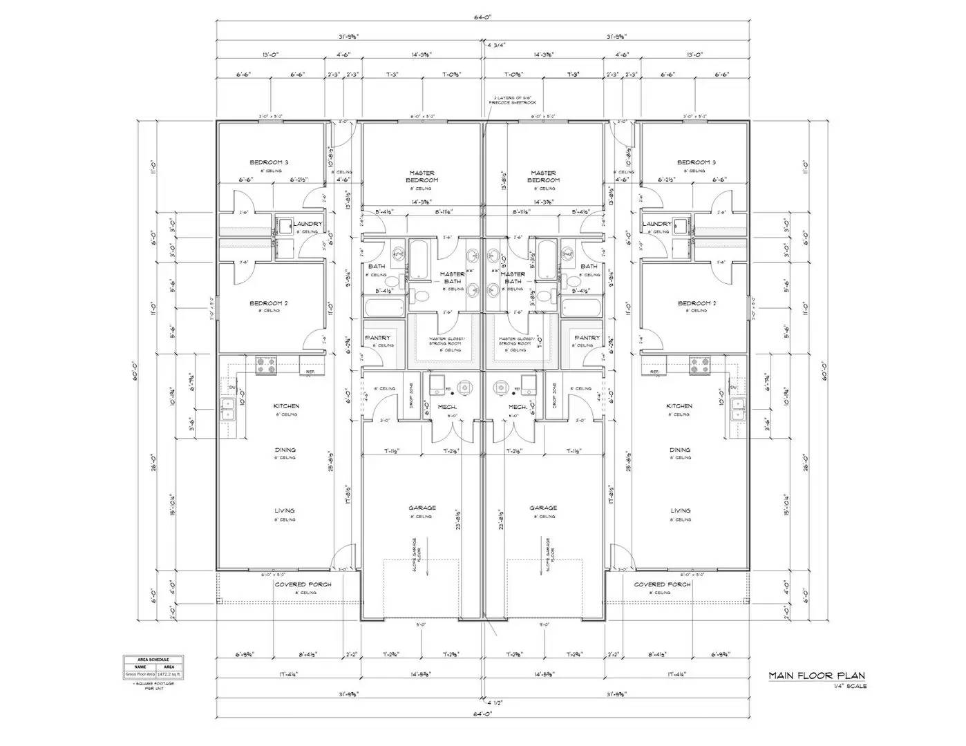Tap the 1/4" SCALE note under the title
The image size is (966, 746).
[851, 687]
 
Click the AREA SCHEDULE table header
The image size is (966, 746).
[153, 660]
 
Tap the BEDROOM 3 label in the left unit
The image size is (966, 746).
[269, 162]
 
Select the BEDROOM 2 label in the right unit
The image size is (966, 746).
[696, 303]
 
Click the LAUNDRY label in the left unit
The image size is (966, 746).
[307, 224]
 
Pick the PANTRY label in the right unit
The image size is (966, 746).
[587, 338]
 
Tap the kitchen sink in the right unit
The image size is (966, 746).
[738, 409]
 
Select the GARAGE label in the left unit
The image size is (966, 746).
[422, 508]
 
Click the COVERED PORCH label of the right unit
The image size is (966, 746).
[662, 584]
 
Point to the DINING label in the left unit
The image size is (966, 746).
[285, 450]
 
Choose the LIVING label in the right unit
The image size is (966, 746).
[680, 510]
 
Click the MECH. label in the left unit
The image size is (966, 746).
[447, 407]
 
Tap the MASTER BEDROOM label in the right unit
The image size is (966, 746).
[543, 177]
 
